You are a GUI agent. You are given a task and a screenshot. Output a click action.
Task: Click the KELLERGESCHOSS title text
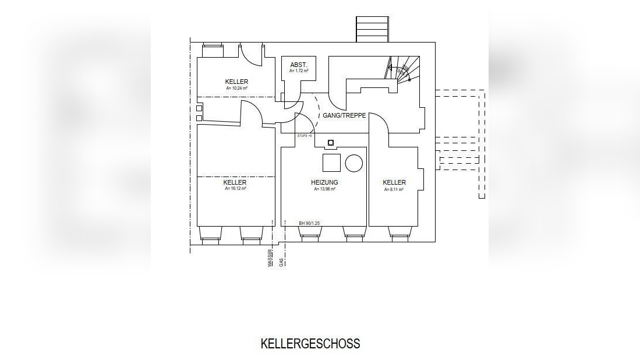[310, 344]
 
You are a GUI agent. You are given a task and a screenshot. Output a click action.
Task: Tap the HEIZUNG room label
[324, 182]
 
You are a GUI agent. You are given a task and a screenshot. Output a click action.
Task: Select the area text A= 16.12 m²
[235, 189]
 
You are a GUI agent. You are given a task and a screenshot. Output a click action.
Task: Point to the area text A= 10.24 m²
[236, 88]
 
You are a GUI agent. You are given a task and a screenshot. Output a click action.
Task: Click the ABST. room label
[299, 65]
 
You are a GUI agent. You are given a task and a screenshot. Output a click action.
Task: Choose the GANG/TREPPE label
[344, 115]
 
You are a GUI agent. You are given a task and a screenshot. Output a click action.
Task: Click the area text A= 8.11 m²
[394, 189]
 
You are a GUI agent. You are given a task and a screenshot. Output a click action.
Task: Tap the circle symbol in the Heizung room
[353, 163]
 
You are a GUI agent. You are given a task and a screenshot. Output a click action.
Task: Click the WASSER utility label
[270, 258]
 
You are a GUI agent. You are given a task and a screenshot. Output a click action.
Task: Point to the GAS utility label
[282, 262]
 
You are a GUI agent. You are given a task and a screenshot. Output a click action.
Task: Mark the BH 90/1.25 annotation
[310, 223]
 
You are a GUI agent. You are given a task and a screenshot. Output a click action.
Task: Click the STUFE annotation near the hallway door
[305, 136]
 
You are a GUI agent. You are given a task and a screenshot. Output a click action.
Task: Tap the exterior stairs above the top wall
[372, 29]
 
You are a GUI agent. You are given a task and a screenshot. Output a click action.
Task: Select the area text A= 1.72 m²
[299, 71]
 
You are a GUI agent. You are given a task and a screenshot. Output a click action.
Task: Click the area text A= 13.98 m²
[324, 189]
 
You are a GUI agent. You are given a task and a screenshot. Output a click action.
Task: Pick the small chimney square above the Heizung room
[331, 142]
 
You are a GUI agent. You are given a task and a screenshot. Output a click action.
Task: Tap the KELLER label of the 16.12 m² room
[235, 182]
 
